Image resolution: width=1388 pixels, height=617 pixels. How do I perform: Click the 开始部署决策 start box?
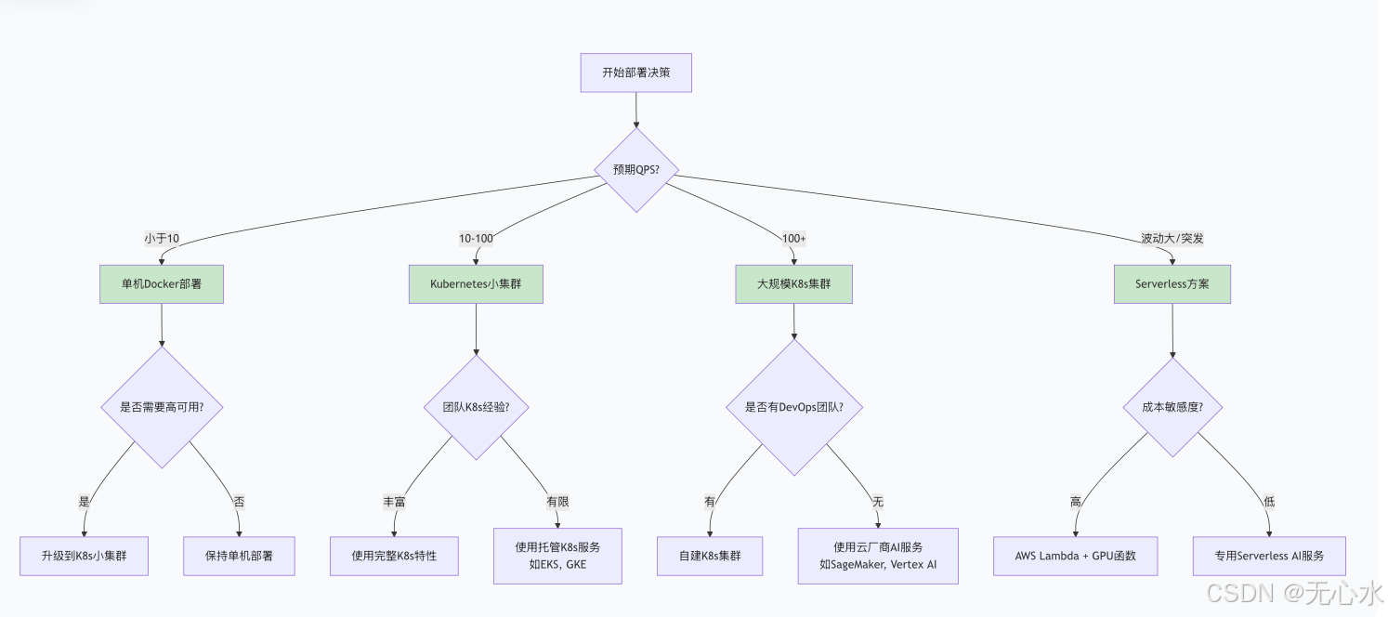coord(635,72)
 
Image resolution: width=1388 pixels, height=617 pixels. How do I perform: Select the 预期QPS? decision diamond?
coord(635,170)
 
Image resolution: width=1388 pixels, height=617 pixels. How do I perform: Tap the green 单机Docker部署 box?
coord(162,284)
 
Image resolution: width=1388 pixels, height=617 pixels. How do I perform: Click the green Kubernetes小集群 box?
coord(476,284)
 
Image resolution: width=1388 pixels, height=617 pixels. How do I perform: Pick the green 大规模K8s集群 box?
coord(792,284)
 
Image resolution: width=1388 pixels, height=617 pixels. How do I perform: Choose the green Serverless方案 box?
coord(1172,284)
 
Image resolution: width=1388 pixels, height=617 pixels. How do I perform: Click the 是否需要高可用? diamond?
coord(162,407)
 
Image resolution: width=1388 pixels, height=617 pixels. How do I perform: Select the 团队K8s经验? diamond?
coord(476,407)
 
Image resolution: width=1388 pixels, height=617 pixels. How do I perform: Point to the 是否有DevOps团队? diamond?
coord(792,407)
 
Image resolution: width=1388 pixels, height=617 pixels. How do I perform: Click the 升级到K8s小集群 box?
coord(84,556)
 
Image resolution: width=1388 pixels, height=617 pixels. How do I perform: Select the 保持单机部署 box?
coord(239,556)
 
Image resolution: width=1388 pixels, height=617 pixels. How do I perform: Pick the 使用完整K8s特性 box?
coord(394,556)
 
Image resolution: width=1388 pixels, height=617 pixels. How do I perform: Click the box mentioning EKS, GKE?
coord(557,556)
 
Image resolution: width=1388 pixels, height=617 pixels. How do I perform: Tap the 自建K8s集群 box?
coord(710,556)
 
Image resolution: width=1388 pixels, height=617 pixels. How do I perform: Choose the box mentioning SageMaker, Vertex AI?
coord(877,556)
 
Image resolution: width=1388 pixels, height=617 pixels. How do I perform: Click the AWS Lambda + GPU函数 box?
coord(1076,556)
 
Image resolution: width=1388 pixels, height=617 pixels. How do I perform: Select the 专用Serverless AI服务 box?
coord(1268,556)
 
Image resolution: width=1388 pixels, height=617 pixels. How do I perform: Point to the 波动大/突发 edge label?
coord(1172,239)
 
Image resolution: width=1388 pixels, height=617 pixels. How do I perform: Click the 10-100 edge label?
coord(476,239)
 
